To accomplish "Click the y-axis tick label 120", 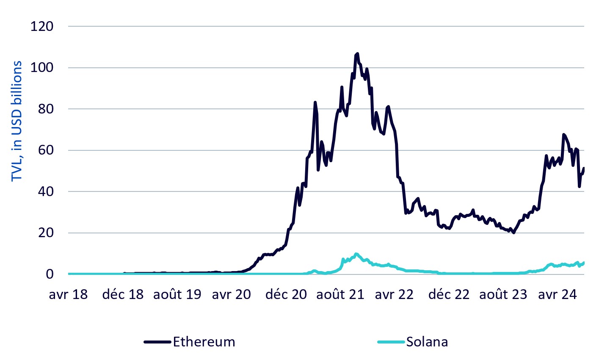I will tap(42, 26).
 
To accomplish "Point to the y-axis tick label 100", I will tap(42, 68).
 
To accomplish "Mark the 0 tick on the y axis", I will tap(50, 274).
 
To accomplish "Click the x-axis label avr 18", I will tap(68, 294).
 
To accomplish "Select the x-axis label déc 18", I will tap(123, 294).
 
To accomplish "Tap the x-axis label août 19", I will tap(177, 294).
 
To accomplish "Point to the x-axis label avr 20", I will tap(232, 294).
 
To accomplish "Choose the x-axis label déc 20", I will tap(286, 294).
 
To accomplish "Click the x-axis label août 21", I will tap(340, 294).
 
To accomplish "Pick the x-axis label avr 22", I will tap(394, 294).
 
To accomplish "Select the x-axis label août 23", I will tap(503, 294).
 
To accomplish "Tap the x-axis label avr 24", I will tap(558, 294).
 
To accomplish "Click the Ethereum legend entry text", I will tap(204, 342).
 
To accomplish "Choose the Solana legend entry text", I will tap(427, 342).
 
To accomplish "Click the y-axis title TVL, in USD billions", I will tap(17, 121).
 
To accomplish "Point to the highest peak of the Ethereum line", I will tap(357, 54).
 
